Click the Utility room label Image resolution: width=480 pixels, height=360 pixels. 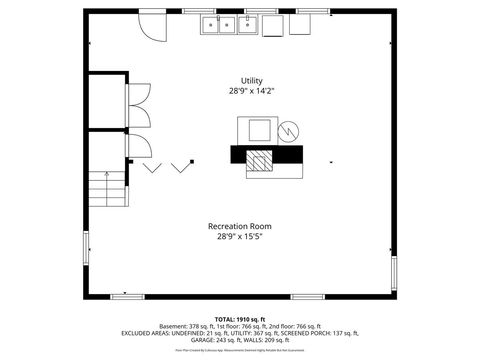pos(251,81)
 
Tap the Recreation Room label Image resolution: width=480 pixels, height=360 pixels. pos(239,226)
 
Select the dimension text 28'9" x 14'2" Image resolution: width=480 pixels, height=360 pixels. pos(251,91)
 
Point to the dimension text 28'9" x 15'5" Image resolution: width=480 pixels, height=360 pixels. pos(239,237)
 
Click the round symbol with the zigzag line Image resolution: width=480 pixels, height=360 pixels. pos(288,130)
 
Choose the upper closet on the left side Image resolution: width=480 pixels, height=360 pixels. pos(105,102)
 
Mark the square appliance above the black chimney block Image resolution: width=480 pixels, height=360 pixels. pos(259,129)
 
